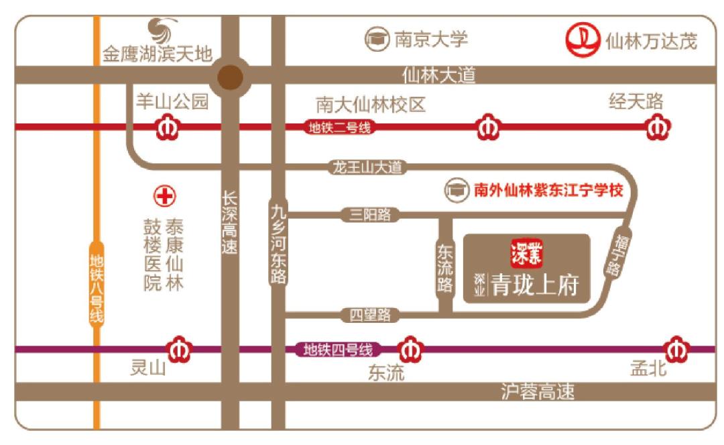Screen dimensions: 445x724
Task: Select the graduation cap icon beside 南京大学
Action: pos(377,39)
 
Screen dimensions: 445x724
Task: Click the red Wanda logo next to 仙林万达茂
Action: pos(581,40)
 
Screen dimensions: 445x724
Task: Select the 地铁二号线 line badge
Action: pos(339,128)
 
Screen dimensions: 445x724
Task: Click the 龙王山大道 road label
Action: pos(368,167)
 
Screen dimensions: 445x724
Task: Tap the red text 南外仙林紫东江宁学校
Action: pos(548,191)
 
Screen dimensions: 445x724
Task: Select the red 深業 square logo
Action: pos(527,253)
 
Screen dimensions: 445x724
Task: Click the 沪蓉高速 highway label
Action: pos(538,392)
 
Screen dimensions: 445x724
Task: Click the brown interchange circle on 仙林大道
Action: pos(231,77)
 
